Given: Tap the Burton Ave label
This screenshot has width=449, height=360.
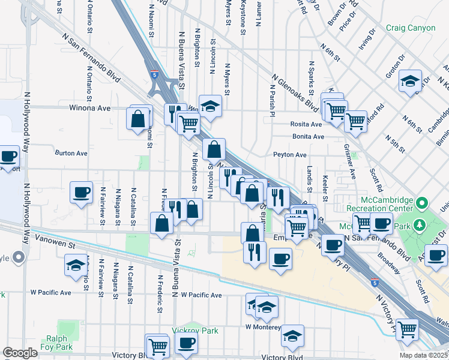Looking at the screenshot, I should point(71,153).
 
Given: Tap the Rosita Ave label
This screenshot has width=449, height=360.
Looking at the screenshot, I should point(306,125).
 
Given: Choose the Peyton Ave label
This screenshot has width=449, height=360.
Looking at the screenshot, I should point(291,155).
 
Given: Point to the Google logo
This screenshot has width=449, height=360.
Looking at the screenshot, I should point(20,353).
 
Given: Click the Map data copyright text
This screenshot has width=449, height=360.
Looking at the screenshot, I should point(424,355).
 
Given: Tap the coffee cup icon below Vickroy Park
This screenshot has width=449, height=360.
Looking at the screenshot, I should point(186,344).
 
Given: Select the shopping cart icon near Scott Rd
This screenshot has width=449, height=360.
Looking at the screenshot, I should point(408,329).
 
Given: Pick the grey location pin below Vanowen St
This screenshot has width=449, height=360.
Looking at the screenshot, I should point(19,259).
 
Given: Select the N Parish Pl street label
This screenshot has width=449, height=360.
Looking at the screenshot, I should point(272,100).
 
